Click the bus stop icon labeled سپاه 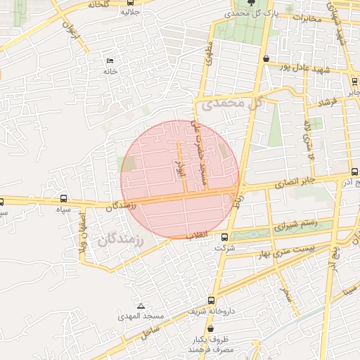pyautogui.click(x=64, y=199)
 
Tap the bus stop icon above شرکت pyautogui.click(x=224, y=238)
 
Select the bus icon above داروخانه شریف pyautogui.click(x=191, y=297)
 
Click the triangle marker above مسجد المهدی pyautogui.click(x=141, y=307)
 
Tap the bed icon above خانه pyautogui.click(x=109, y=60)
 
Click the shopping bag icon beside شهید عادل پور pyautogui.click(x=265, y=59)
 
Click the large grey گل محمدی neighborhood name pyautogui.click(x=232, y=104)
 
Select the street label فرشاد pyautogui.click(x=328, y=103)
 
